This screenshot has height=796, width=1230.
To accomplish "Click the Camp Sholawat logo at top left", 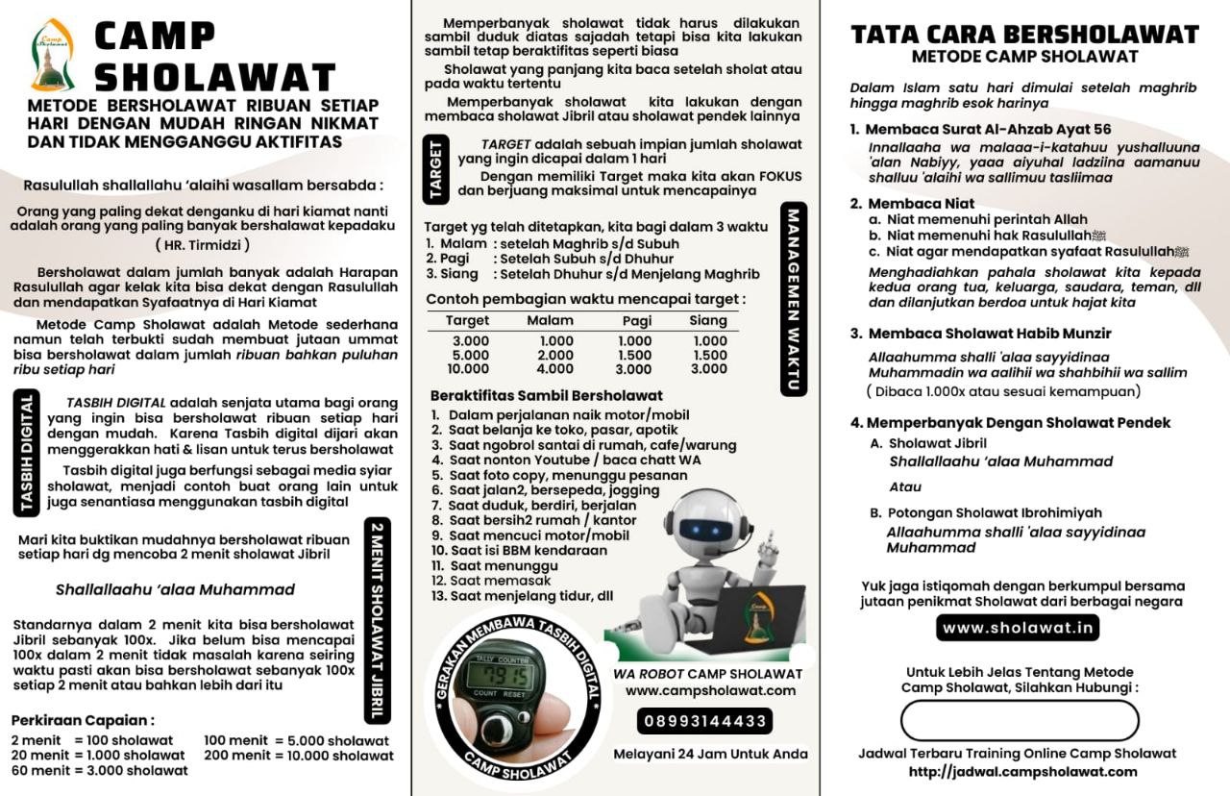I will click(x=52, y=55).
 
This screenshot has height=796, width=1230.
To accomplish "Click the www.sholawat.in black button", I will click(x=1018, y=628).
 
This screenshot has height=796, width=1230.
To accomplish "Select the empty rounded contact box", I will click(x=1020, y=720).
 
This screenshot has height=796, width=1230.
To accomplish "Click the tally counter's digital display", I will click(x=498, y=676).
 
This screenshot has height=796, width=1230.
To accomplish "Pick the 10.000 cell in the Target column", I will click(x=469, y=369).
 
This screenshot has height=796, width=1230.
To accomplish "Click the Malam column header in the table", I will click(x=551, y=320).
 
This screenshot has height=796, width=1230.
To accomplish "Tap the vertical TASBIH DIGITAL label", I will click(x=26, y=454).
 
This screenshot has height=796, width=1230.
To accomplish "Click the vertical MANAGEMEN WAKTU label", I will click(x=795, y=298).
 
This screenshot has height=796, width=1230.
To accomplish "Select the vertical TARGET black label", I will click(x=437, y=170).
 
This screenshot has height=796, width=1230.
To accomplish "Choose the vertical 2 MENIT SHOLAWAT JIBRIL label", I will click(x=378, y=620).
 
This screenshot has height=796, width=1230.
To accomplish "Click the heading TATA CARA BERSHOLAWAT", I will click(x=1025, y=35).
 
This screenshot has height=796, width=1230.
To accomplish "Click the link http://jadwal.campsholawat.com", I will click(x=1022, y=771).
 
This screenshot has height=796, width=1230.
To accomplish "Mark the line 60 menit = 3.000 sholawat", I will click(x=100, y=770).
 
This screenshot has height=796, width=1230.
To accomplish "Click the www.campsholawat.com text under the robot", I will click(x=710, y=690).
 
